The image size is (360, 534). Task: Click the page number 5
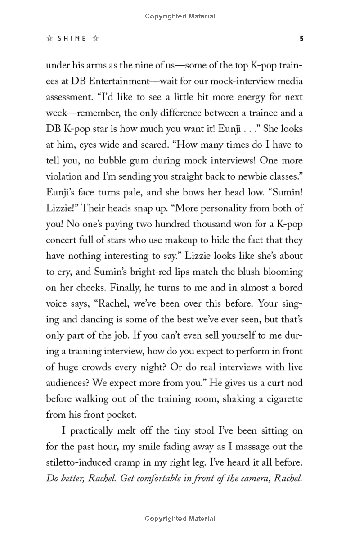301,39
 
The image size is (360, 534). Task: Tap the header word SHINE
72,39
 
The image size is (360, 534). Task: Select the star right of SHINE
95,39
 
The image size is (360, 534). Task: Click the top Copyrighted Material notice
180,16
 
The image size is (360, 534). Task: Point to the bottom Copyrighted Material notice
180,519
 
